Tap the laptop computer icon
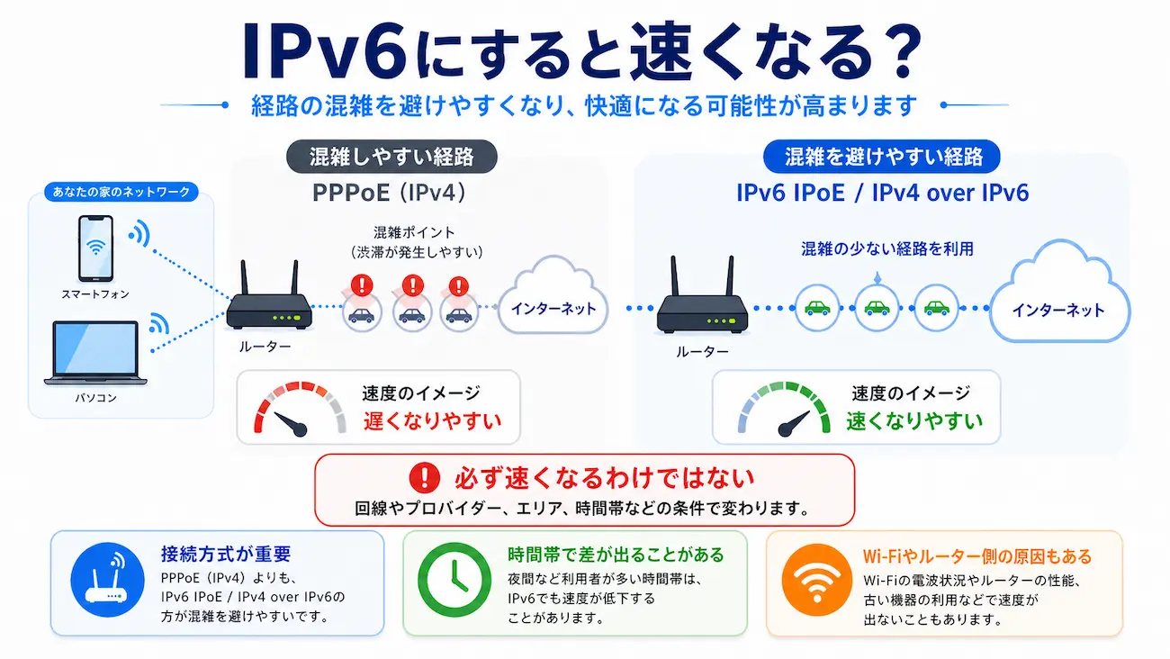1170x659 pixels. click(96, 352)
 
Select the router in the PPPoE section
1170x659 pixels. click(268, 301)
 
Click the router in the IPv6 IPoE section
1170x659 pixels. click(700, 302)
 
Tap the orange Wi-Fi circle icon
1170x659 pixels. click(816, 582)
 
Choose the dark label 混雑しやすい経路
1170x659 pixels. click(391, 157)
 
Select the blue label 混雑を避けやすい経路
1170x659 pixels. click(883, 157)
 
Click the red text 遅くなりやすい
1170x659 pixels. click(431, 420)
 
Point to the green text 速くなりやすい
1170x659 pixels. click(913, 420)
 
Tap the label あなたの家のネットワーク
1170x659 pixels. click(121, 192)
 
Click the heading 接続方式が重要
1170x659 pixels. click(226, 555)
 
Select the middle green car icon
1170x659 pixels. click(876, 307)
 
